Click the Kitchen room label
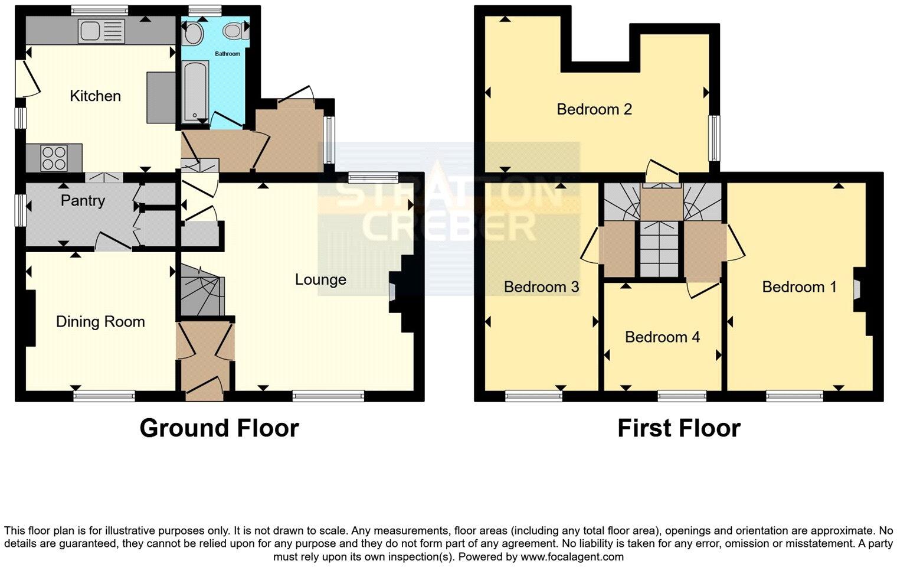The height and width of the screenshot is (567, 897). pos(95,96)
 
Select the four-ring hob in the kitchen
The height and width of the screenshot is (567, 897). pos(54,157)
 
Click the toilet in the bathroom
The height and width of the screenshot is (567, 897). pos(234,31)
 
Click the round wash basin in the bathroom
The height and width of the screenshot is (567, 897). pos(192,35)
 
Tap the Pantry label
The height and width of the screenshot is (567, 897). pos(83,201)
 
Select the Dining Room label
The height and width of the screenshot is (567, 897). pos(100,322)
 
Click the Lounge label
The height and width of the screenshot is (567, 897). pos(320,279)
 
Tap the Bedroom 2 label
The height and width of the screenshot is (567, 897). pos(594,109)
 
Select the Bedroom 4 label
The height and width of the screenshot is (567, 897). pos(662,337)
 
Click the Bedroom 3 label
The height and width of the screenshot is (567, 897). pos(541,287)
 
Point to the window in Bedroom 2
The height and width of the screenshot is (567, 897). pos(715,138)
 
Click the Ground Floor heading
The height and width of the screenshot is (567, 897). pos(219,428)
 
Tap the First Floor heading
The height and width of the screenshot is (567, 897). pos(679,428)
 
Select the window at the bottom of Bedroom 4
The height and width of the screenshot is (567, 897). pos(682,396)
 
